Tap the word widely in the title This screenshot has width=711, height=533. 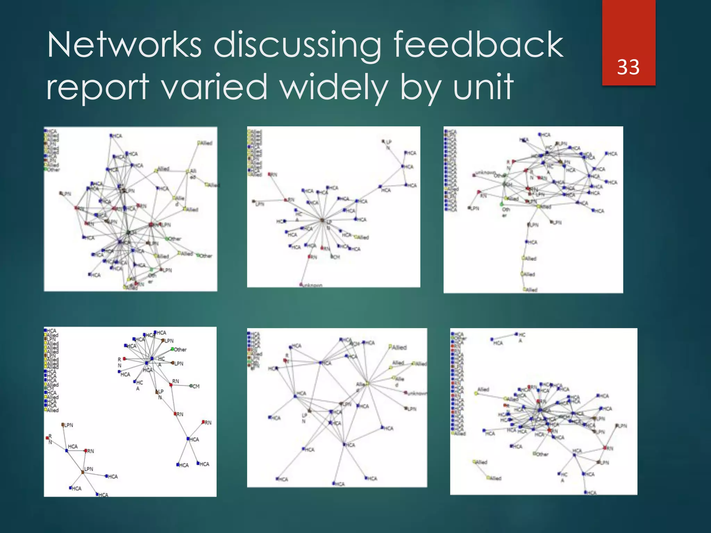click(334, 87)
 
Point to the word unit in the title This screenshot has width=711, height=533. click(483, 87)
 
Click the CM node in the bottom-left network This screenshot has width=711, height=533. click(191, 386)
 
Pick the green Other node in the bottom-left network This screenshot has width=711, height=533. click(173, 349)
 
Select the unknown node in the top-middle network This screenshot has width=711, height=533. click(301, 285)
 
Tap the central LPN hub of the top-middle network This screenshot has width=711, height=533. click(322, 220)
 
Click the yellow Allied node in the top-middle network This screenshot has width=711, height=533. click(355, 237)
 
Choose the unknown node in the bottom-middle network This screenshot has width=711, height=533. click(405, 393)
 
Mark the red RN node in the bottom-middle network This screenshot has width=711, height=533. click(285, 361)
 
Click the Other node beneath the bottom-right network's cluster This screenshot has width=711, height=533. click(535, 454)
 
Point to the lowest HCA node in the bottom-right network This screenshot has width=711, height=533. click(586, 492)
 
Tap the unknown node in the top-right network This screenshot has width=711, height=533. click(474, 175)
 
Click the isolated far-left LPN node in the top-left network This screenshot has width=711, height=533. click(61, 193)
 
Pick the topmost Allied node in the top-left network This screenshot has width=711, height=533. click(199, 143)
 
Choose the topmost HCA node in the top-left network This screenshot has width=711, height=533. click(111, 136)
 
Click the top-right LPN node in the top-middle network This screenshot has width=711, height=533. click(383, 142)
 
